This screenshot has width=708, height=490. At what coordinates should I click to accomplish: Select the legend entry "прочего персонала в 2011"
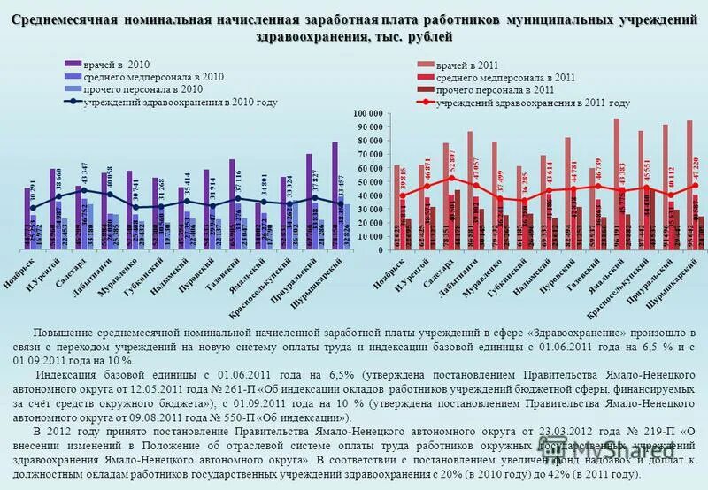click(x=495, y=90)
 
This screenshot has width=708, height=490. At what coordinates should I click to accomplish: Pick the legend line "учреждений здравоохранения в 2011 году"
click(x=531, y=103)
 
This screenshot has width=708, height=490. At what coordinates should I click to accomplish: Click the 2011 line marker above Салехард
click(x=451, y=178)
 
